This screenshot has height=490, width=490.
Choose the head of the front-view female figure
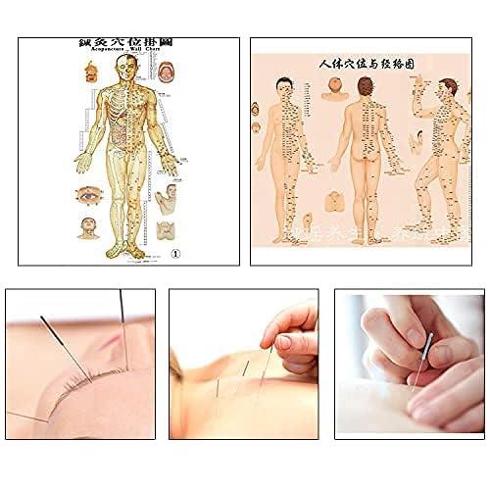(283, 89)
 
